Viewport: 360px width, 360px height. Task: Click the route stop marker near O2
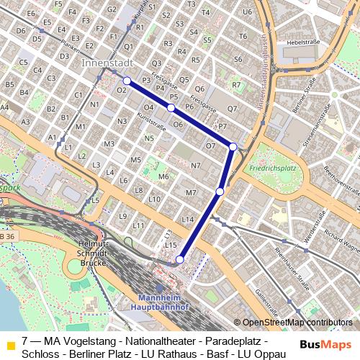tap(127, 81)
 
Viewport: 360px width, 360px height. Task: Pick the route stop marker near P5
tap(171, 107)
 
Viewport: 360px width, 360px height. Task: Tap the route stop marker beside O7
tap(233, 147)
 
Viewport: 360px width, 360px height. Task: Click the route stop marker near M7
tap(220, 192)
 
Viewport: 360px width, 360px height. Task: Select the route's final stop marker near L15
tap(180, 260)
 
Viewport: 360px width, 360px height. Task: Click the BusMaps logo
tap(325, 345)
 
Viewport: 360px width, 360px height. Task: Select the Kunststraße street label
tap(151, 120)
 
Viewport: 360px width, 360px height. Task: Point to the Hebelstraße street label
tap(302, 42)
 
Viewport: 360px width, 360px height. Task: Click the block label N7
tap(195, 166)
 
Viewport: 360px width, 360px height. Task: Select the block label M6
tap(163, 176)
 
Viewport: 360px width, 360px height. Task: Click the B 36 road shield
tap(6, 237)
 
